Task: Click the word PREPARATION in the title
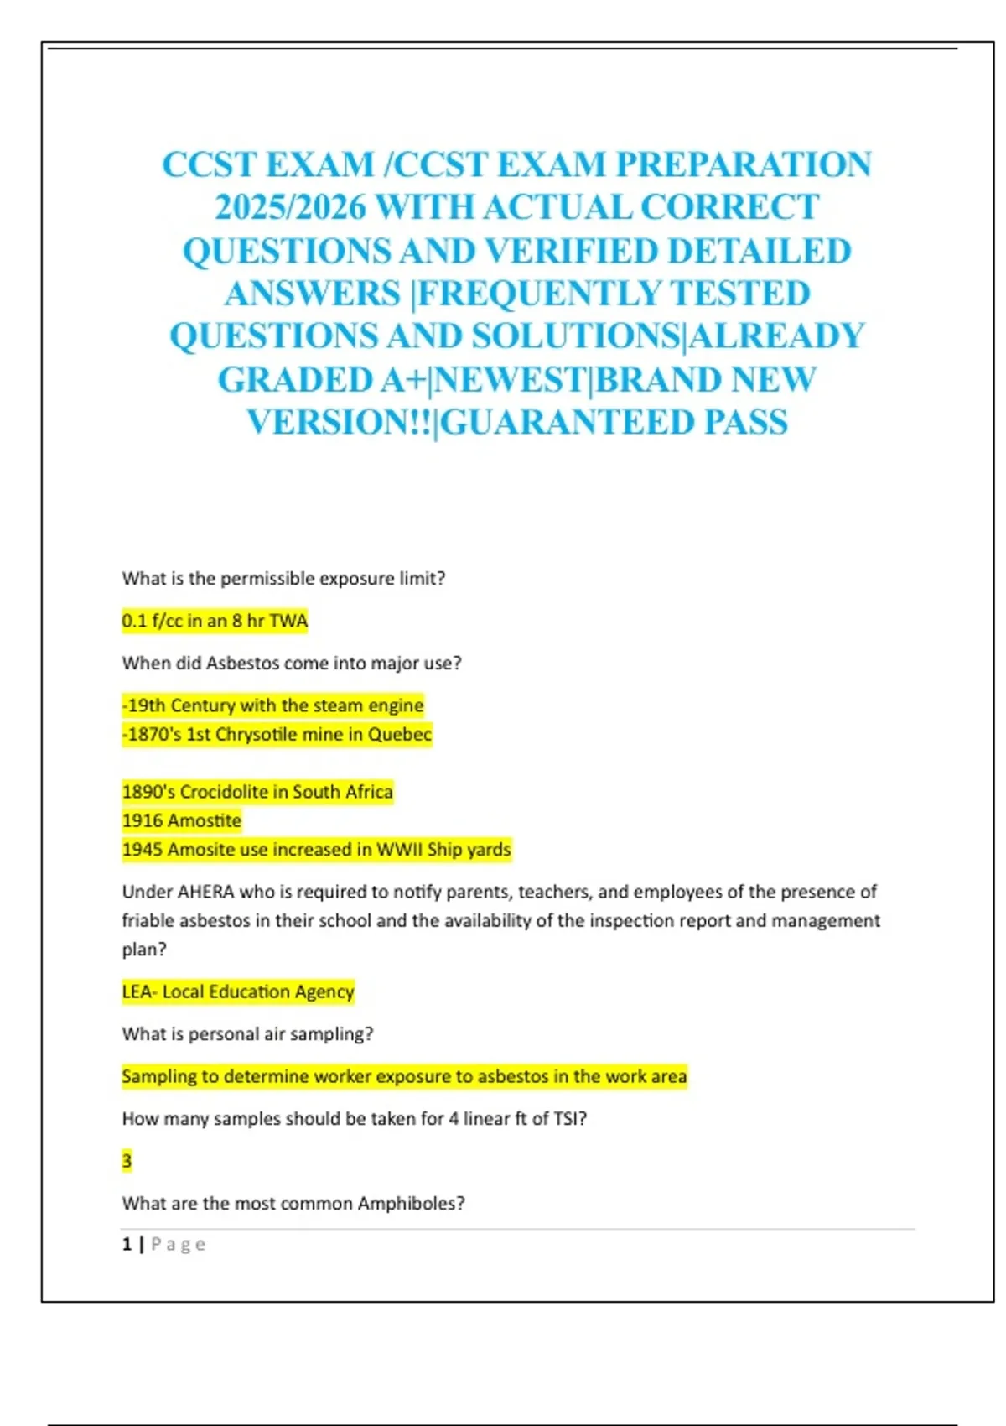(x=744, y=164)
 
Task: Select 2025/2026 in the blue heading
(x=290, y=207)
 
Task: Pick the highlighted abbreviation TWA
(x=288, y=621)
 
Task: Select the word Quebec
(x=400, y=734)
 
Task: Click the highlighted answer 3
(x=127, y=1161)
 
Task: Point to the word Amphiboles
(x=411, y=1203)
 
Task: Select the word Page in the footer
(x=179, y=1245)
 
